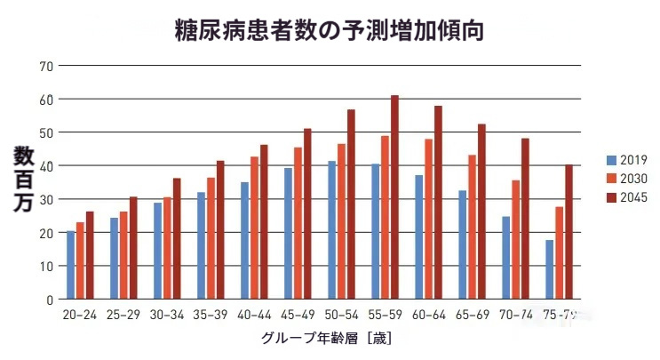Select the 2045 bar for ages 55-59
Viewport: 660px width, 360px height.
pos(395,197)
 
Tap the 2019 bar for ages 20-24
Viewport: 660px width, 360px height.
pos(70,265)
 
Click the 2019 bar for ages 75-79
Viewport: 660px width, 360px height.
pos(550,269)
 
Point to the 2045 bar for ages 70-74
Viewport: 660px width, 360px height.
pos(526,219)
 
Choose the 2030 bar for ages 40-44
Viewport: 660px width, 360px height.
pos(254,228)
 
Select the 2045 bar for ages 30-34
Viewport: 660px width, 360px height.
pos(177,239)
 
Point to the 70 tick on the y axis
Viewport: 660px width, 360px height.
pos(47,66)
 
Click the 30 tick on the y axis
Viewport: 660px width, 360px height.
pos(47,199)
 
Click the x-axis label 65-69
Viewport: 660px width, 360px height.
pos(473,316)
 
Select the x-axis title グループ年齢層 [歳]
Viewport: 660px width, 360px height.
pos(326,339)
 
